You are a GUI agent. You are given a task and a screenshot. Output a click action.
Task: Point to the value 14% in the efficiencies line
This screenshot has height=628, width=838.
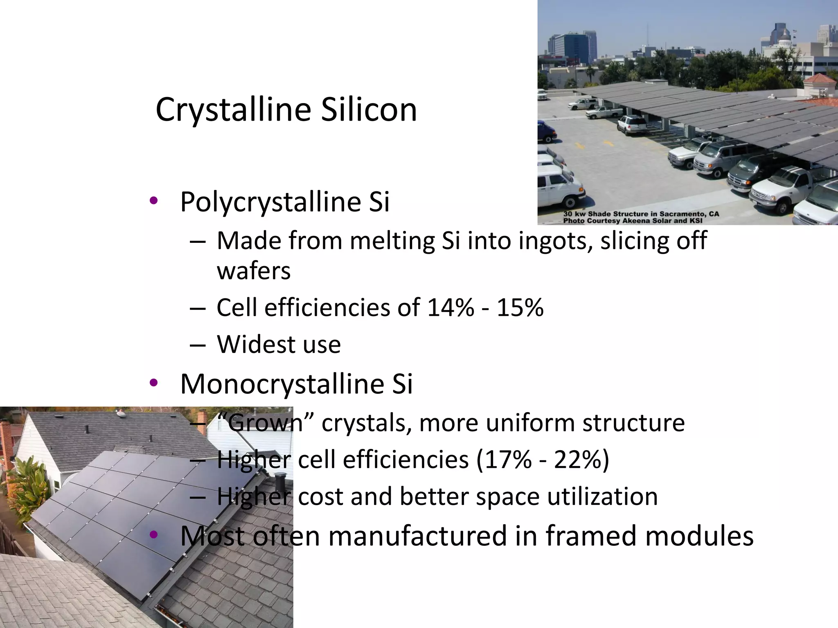pyautogui.click(x=451, y=307)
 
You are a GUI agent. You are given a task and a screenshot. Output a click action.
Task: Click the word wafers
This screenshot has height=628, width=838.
pyautogui.click(x=254, y=271)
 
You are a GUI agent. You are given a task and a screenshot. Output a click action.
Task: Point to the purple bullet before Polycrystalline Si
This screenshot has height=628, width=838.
pyautogui.click(x=153, y=200)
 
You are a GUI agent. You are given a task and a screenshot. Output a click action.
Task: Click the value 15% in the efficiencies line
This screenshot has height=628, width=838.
pyautogui.click(x=520, y=307)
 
